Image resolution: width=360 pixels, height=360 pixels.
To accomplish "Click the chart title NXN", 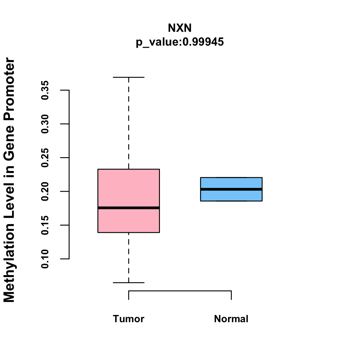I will pyautogui.click(x=180, y=28).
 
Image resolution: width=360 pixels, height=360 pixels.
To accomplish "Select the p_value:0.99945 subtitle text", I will pyautogui.click(x=180, y=42).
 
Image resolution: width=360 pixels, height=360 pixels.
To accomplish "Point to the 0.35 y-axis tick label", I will pyautogui.click(x=45, y=90).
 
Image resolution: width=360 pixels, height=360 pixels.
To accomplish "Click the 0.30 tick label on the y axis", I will pyautogui.click(x=45, y=124).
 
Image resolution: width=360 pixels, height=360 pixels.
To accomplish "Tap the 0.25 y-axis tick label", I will pyautogui.click(x=45, y=158).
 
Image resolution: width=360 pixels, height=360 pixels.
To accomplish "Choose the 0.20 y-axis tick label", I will pyautogui.click(x=45, y=191).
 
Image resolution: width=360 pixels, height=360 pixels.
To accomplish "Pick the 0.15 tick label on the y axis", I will pyautogui.click(x=45, y=225).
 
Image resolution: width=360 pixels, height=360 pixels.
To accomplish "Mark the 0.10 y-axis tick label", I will pyautogui.click(x=45, y=259).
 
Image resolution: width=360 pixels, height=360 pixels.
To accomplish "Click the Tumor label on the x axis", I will pyautogui.click(x=128, y=319).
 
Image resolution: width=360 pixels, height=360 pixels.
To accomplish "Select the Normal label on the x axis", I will pyautogui.click(x=231, y=319).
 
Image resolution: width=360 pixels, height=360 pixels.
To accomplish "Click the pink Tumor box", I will pyautogui.click(x=128, y=186).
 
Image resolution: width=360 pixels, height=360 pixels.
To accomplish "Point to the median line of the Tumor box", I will pyautogui.click(x=128, y=208).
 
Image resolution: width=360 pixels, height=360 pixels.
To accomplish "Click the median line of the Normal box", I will pyautogui.click(x=231, y=189).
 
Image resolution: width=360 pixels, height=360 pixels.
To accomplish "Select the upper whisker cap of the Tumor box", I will pyautogui.click(x=128, y=77).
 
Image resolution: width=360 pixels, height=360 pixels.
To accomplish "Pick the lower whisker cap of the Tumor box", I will pyautogui.click(x=128, y=283).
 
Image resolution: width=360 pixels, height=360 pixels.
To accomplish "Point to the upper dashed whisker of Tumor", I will pyautogui.click(x=129, y=123).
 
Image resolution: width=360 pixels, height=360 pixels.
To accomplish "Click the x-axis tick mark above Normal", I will pyautogui.click(x=231, y=295).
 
